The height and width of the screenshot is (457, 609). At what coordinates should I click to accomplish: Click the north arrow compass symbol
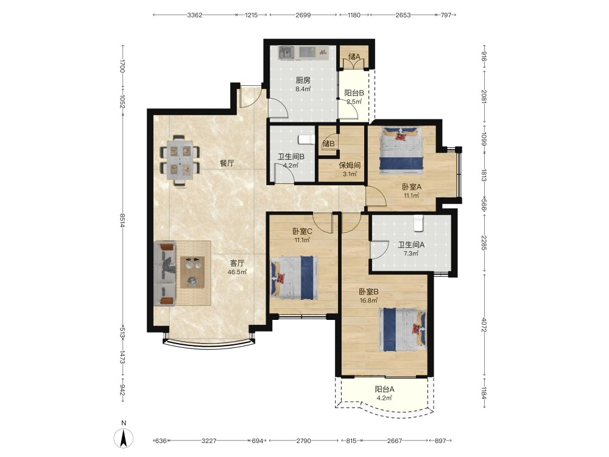124,438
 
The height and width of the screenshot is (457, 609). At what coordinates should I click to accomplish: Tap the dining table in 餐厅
180,160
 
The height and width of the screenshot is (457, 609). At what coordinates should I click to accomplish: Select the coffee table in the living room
192,272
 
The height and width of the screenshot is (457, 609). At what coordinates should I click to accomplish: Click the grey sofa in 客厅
165,274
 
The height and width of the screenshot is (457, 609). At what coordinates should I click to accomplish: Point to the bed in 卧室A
401,149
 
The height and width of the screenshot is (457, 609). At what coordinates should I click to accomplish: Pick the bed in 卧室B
403,330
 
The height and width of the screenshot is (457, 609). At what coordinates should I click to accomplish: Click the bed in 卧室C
294,277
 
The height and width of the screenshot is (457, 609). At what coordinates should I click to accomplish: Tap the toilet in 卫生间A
418,223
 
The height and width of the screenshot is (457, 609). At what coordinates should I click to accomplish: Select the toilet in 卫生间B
306,140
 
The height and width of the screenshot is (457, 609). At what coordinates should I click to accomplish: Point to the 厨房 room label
303,80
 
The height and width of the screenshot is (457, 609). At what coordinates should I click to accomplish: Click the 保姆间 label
350,165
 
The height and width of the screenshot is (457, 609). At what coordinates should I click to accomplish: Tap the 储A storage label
354,57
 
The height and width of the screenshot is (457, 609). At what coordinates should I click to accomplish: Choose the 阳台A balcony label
384,389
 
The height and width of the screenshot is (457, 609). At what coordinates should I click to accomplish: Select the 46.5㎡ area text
237,272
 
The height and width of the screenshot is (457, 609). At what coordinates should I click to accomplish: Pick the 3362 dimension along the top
195,15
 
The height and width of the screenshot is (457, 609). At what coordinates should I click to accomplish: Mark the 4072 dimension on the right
484,325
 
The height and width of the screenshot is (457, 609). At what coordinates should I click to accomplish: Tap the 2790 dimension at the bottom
303,441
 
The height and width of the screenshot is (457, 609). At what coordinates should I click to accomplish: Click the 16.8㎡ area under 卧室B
368,300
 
